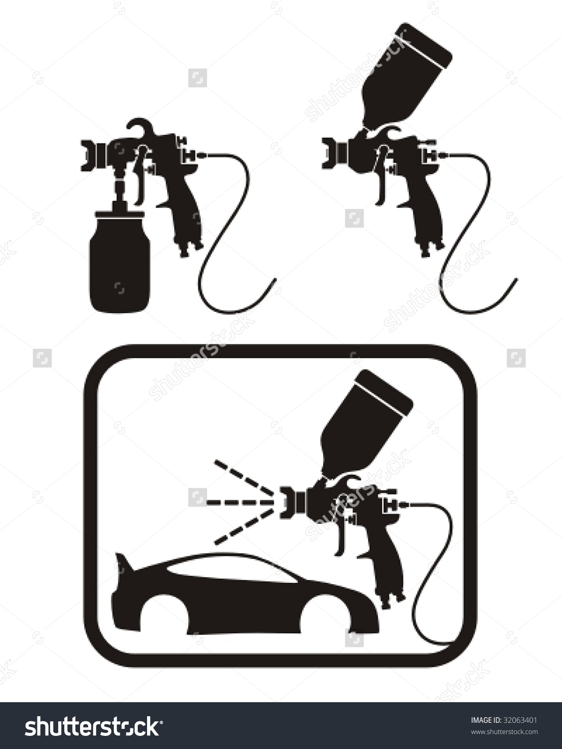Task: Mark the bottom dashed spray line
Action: pyautogui.click(x=244, y=527)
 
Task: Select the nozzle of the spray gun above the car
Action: pyautogui.click(x=289, y=502)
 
